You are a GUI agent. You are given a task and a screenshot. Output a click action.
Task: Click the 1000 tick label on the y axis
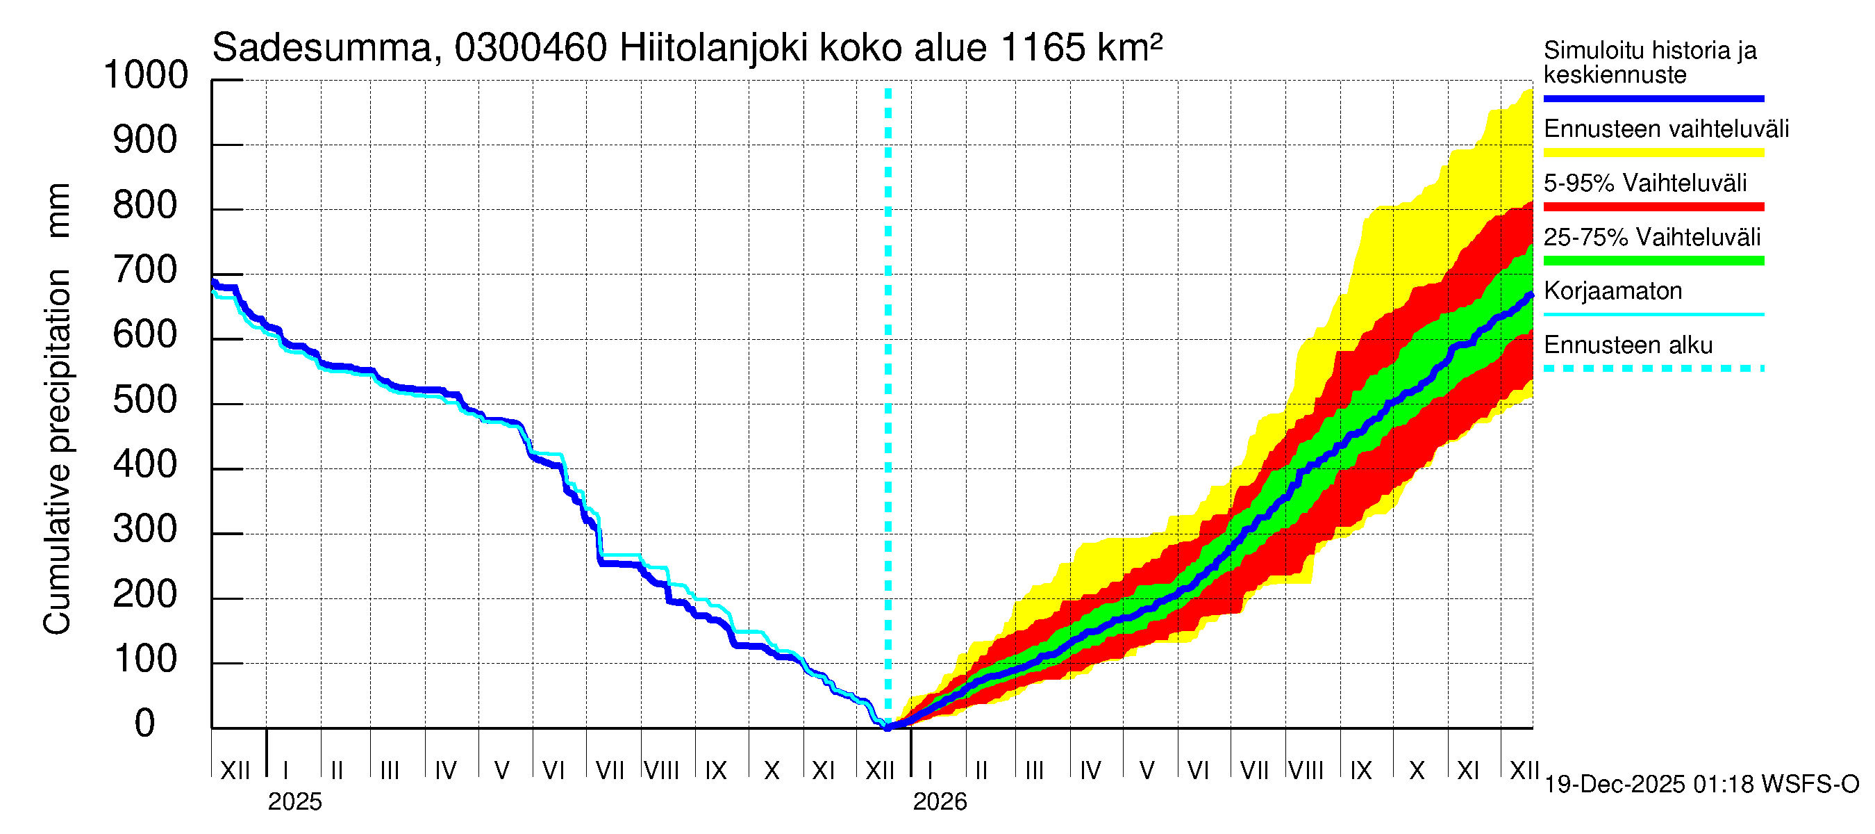click(x=146, y=75)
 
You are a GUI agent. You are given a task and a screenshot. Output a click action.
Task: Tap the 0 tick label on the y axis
click(x=146, y=723)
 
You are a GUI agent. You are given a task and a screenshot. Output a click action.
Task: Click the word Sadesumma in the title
click(x=322, y=48)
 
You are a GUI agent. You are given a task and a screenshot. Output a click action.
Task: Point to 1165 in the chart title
click(x=1042, y=48)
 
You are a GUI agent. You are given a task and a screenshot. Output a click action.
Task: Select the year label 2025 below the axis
click(x=294, y=802)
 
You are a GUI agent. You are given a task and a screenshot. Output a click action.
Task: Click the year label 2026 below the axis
click(x=940, y=802)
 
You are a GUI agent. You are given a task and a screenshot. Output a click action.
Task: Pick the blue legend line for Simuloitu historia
click(x=1653, y=98)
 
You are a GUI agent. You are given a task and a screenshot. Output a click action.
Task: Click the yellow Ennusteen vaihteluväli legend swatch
click(x=1653, y=153)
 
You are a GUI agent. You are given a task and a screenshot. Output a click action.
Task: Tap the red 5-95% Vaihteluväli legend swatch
click(x=1653, y=207)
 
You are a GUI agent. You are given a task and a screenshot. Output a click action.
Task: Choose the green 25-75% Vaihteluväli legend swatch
click(x=1653, y=261)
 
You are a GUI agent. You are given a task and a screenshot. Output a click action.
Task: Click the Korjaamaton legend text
click(x=1612, y=291)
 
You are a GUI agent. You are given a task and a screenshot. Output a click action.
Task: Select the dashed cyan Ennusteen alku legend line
click(x=1653, y=368)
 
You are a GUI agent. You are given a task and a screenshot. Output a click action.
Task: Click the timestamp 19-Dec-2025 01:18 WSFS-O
click(x=1701, y=785)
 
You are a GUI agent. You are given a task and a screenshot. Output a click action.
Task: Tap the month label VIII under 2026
click(x=1306, y=771)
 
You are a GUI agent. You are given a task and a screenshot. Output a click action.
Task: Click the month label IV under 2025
click(x=445, y=771)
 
